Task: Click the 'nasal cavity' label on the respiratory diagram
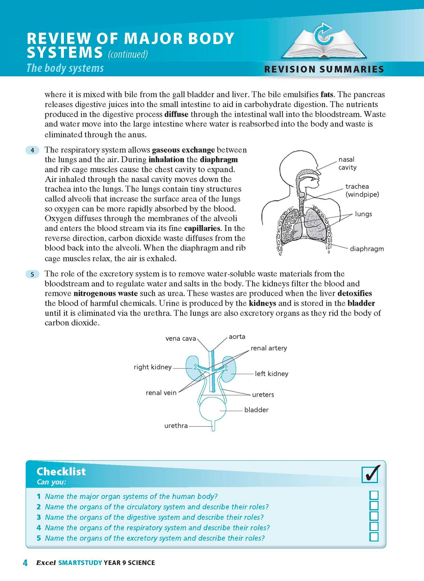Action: point(347,163)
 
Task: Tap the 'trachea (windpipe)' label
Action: point(362,190)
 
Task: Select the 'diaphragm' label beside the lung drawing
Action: point(366,249)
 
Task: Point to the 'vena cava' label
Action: point(180,338)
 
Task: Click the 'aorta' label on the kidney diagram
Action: point(237,337)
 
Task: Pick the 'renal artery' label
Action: point(268,348)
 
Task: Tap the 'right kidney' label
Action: point(152,367)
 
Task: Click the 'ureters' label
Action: point(263,395)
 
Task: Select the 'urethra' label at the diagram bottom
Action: point(176,426)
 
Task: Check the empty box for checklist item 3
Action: point(374,516)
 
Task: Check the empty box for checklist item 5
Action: point(374,537)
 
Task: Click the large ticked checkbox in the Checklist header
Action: point(370,474)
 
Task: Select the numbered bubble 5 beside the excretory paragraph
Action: point(32,274)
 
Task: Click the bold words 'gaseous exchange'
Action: point(183,150)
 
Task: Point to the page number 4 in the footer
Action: point(25,563)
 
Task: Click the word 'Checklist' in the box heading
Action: point(61,472)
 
